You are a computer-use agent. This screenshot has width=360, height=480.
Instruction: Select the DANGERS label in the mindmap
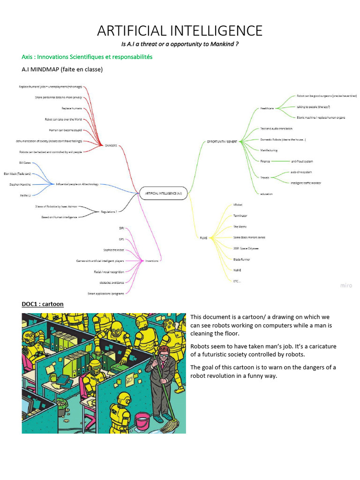[111, 146]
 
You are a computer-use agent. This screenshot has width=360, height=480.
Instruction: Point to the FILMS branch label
[203, 238]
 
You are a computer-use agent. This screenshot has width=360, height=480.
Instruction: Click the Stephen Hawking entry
[19, 185]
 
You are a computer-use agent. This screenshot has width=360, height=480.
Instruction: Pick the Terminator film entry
[240, 216]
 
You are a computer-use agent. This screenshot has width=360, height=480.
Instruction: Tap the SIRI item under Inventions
[121, 228]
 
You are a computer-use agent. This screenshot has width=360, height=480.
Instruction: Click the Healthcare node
[267, 108]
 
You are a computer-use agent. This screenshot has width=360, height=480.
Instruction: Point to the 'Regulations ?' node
[109, 211]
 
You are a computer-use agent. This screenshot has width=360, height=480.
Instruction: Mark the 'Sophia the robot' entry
[113, 250]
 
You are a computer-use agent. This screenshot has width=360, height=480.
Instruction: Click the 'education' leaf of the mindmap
[266, 194]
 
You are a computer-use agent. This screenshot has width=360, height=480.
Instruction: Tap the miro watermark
[346, 285]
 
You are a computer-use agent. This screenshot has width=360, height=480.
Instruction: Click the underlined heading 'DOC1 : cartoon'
[43, 304]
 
